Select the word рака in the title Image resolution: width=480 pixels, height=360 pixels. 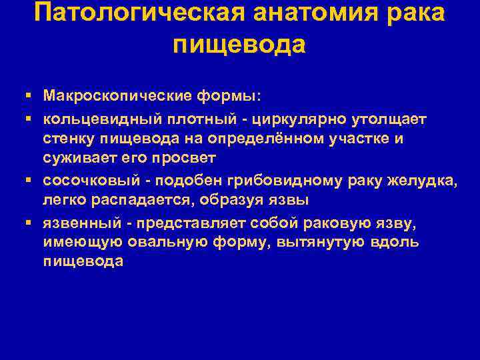pos(413,14)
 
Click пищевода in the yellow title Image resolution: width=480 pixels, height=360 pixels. pos(239,45)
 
